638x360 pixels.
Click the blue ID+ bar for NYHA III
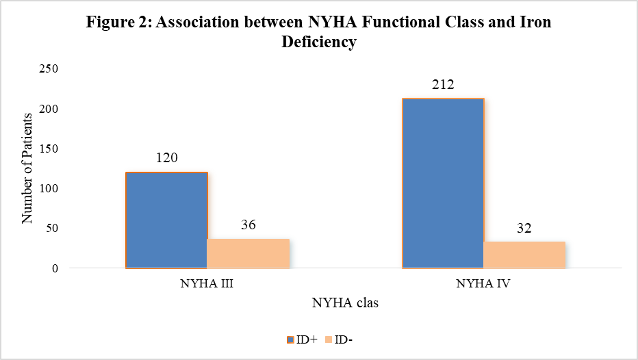click(x=166, y=220)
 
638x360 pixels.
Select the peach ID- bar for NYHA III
click(x=248, y=253)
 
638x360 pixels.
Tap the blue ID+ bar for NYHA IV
click(x=443, y=183)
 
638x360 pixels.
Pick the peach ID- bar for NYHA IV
click(x=524, y=255)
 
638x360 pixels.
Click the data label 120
click(x=167, y=157)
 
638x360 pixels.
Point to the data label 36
click(x=248, y=224)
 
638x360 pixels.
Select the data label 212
click(x=443, y=84)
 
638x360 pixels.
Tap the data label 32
click(x=524, y=228)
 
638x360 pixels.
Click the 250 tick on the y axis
click(x=49, y=68)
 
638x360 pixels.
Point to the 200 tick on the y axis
click(x=49, y=109)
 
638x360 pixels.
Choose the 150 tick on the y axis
click(x=49, y=149)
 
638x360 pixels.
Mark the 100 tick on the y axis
click(x=49, y=188)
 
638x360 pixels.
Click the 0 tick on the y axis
click(x=55, y=268)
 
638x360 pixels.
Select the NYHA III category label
click(x=207, y=283)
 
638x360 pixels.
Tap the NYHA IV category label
click(x=483, y=283)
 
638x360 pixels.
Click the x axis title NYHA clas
click(x=345, y=303)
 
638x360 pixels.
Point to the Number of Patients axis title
click(x=27, y=168)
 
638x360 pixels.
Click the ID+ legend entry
click(x=302, y=339)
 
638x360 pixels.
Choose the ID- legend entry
click(x=339, y=339)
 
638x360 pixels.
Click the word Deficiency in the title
click(x=319, y=42)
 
